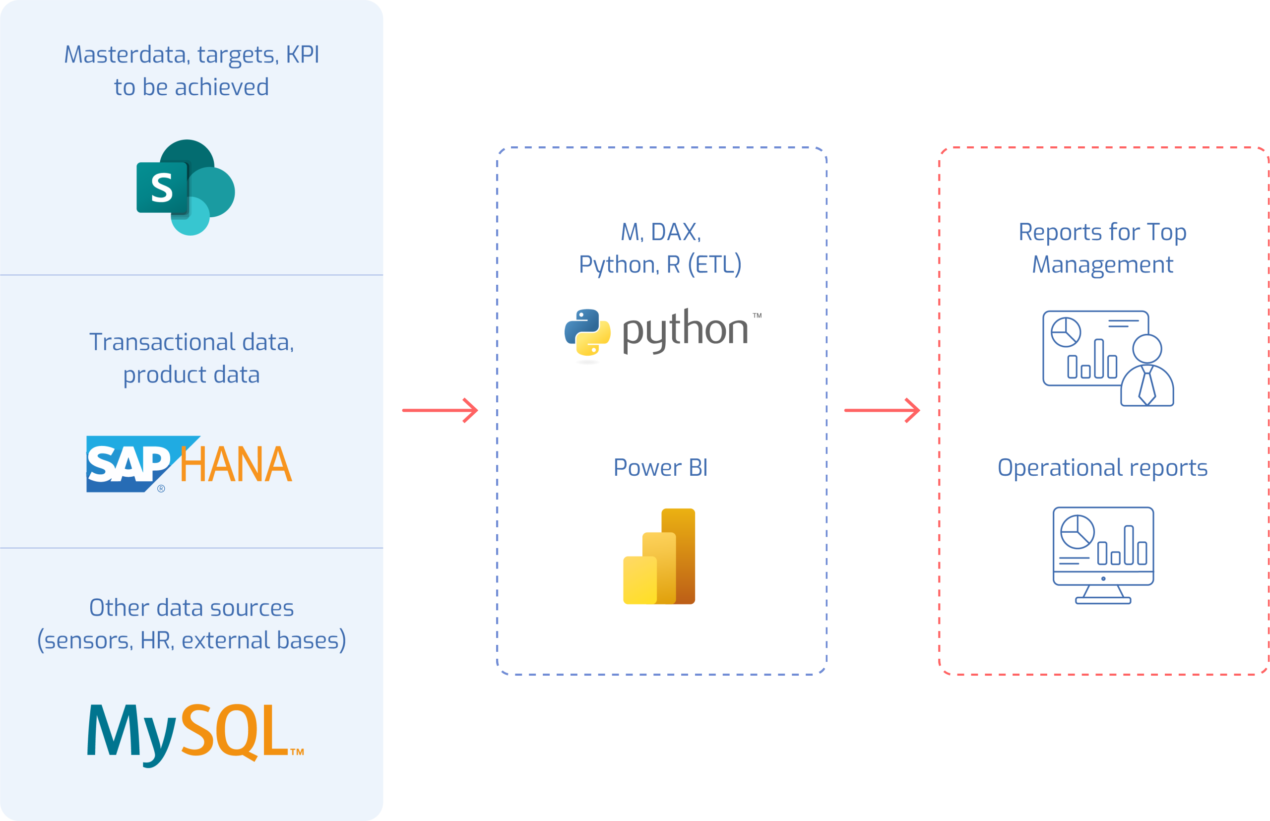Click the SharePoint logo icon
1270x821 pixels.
(186, 187)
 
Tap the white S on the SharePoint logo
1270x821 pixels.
(162, 188)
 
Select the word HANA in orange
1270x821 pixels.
(236, 464)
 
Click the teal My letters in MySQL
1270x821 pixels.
(131, 733)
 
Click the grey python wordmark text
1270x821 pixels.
(686, 330)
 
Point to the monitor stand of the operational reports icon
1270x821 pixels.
(1103, 595)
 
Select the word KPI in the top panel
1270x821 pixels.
(302, 55)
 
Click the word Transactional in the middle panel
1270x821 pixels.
(162, 342)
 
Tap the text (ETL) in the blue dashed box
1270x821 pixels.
(714, 264)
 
